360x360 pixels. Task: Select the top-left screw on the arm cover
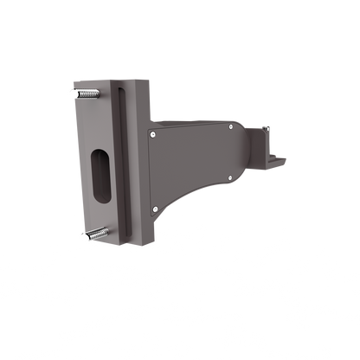pos(154,134)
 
